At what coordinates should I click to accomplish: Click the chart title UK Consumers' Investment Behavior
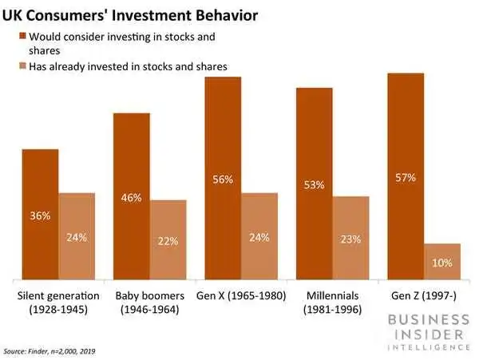[130, 15]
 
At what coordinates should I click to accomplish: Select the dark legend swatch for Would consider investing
[22, 36]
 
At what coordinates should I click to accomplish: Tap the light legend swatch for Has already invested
[22, 65]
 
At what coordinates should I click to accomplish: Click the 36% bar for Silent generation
[41, 215]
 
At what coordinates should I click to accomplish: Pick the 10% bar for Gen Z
[442, 261]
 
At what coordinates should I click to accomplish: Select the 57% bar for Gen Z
[406, 176]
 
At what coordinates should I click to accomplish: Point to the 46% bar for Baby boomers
[132, 196]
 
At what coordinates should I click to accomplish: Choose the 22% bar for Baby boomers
[168, 239]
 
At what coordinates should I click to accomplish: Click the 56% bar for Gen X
[223, 178]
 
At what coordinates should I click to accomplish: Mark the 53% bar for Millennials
[315, 184]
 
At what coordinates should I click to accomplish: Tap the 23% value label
[350, 239]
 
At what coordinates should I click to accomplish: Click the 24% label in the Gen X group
[259, 237]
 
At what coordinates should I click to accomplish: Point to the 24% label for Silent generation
[77, 237]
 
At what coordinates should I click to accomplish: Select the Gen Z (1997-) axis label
[424, 296]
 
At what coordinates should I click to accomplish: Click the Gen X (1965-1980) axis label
[241, 296]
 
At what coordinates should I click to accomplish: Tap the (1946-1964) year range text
[150, 310]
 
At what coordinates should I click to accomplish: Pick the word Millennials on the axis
[332, 295]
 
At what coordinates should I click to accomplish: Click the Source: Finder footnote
[49, 351]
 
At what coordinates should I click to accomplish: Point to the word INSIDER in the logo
[429, 334]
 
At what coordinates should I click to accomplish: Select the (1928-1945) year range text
[58, 310]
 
